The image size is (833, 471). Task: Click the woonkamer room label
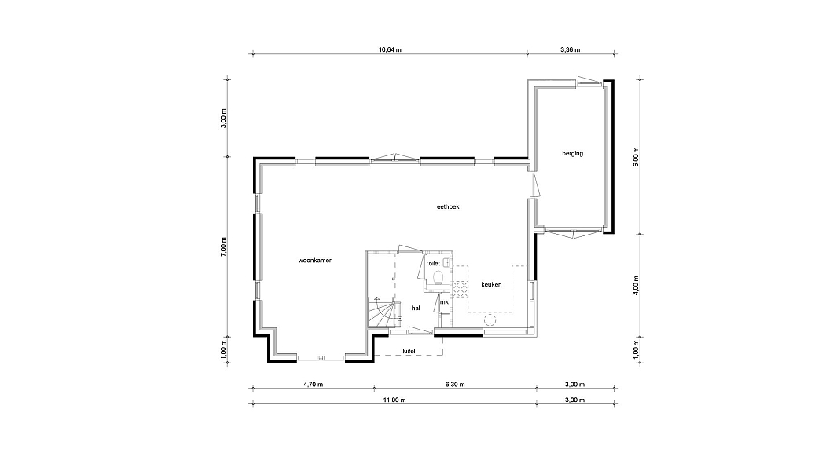click(x=315, y=261)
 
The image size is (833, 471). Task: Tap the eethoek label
click(x=448, y=206)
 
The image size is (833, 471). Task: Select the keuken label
click(x=491, y=284)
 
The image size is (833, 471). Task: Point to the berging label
click(x=573, y=153)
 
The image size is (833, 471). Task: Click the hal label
click(x=416, y=308)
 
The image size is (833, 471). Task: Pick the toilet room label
click(x=433, y=263)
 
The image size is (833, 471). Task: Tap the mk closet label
click(x=444, y=301)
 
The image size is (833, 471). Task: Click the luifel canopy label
click(x=409, y=351)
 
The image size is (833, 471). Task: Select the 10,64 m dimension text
click(x=390, y=50)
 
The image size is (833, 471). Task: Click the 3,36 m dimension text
click(x=570, y=50)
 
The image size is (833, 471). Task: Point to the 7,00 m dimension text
click(x=224, y=247)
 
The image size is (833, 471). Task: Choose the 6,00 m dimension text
click(x=636, y=156)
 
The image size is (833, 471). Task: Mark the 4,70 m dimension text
click(x=313, y=385)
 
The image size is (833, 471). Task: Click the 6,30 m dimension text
click(x=455, y=385)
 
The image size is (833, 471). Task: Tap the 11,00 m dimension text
click(x=394, y=400)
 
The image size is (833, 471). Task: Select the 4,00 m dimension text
click(x=636, y=286)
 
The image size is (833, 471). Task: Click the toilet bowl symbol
click(x=439, y=278)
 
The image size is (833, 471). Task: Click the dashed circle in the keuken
click(x=490, y=319)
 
